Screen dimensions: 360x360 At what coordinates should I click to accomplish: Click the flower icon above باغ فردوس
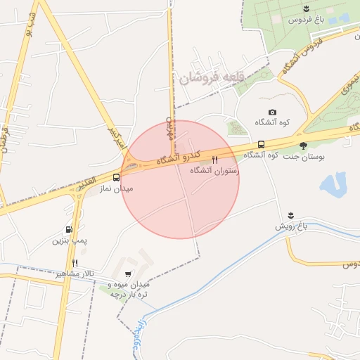coord(306,8)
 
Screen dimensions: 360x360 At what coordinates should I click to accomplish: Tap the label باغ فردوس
coord(306,20)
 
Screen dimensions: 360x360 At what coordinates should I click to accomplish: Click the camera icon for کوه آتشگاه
coord(273,112)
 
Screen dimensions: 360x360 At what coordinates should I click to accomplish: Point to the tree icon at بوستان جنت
coord(303,146)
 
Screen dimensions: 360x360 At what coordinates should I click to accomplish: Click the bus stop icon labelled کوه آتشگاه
coord(262,144)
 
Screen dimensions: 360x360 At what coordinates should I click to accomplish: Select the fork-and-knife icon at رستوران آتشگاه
coord(214,160)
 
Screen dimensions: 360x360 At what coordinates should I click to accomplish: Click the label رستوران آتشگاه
coord(216,171)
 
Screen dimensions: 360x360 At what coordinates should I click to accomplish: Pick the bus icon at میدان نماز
coord(116,178)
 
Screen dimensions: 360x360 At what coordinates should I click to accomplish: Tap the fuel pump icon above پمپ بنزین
coord(69,229)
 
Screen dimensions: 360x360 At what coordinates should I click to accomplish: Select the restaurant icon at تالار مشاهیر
coord(75,263)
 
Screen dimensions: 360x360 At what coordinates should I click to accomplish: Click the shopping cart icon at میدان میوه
coord(127,274)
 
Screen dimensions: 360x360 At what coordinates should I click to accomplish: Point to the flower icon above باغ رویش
coord(290,214)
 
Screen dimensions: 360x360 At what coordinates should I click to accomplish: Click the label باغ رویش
coord(290,226)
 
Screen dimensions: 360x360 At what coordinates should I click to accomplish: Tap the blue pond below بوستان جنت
coord(331,184)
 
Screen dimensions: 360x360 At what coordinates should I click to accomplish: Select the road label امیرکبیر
coord(117,138)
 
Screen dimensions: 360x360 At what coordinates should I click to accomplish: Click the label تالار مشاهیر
coord(75,274)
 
